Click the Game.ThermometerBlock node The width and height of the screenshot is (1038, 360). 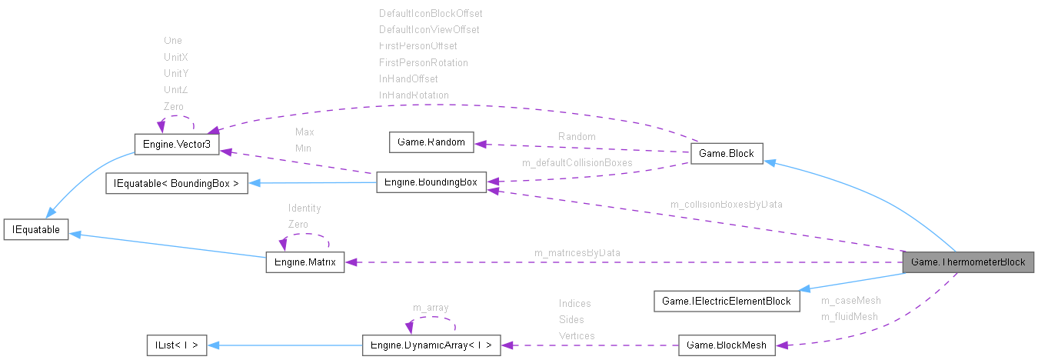click(x=968, y=262)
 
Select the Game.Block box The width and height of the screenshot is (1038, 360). click(x=727, y=155)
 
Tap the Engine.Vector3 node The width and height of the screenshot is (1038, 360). click(x=177, y=145)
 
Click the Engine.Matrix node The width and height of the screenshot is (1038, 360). click(x=305, y=262)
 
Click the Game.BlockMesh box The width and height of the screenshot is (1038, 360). click(x=727, y=345)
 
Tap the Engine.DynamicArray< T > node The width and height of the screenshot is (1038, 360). click(x=431, y=345)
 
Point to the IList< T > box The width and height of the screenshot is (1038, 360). click(x=177, y=345)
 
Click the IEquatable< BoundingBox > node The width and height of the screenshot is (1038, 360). click(x=177, y=185)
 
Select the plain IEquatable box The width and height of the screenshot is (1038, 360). click(x=36, y=229)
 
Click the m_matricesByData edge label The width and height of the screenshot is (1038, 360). click(x=577, y=252)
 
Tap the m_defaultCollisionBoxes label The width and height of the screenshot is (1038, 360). click(x=577, y=162)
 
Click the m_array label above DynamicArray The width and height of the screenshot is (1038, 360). click(x=431, y=308)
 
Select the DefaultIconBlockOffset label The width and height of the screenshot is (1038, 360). click(x=431, y=13)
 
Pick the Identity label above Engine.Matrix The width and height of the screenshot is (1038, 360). click(x=304, y=208)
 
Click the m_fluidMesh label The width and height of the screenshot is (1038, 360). click(x=850, y=316)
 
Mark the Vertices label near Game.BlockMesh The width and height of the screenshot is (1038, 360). click(x=576, y=335)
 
